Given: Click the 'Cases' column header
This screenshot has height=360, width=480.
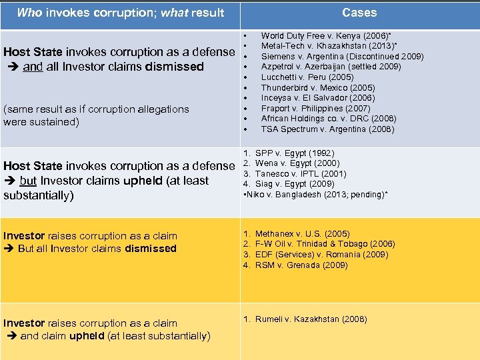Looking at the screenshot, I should click(359, 13).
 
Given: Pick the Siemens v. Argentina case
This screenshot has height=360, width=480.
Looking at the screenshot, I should click(342, 57).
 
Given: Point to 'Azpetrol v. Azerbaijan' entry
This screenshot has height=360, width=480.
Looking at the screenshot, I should click(331, 67).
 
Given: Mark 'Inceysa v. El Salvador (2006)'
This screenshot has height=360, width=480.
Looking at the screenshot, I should click(317, 98).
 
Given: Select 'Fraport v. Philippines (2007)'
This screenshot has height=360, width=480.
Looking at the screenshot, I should click(315, 108).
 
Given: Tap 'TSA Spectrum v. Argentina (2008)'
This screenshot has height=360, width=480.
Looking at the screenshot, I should click(327, 129).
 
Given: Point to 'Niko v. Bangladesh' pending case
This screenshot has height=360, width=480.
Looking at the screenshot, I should click(317, 194).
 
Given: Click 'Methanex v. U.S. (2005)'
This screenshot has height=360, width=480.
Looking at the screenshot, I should click(302, 234).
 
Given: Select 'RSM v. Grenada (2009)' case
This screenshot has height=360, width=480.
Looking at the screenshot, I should click(301, 265).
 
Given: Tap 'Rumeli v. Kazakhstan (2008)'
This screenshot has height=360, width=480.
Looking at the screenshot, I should click(311, 319).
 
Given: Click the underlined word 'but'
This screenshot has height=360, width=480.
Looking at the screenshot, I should click(27, 181).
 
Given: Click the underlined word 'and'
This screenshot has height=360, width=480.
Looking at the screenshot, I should click(31, 67).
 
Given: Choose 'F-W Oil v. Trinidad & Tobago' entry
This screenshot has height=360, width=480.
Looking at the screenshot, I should click(325, 244).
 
